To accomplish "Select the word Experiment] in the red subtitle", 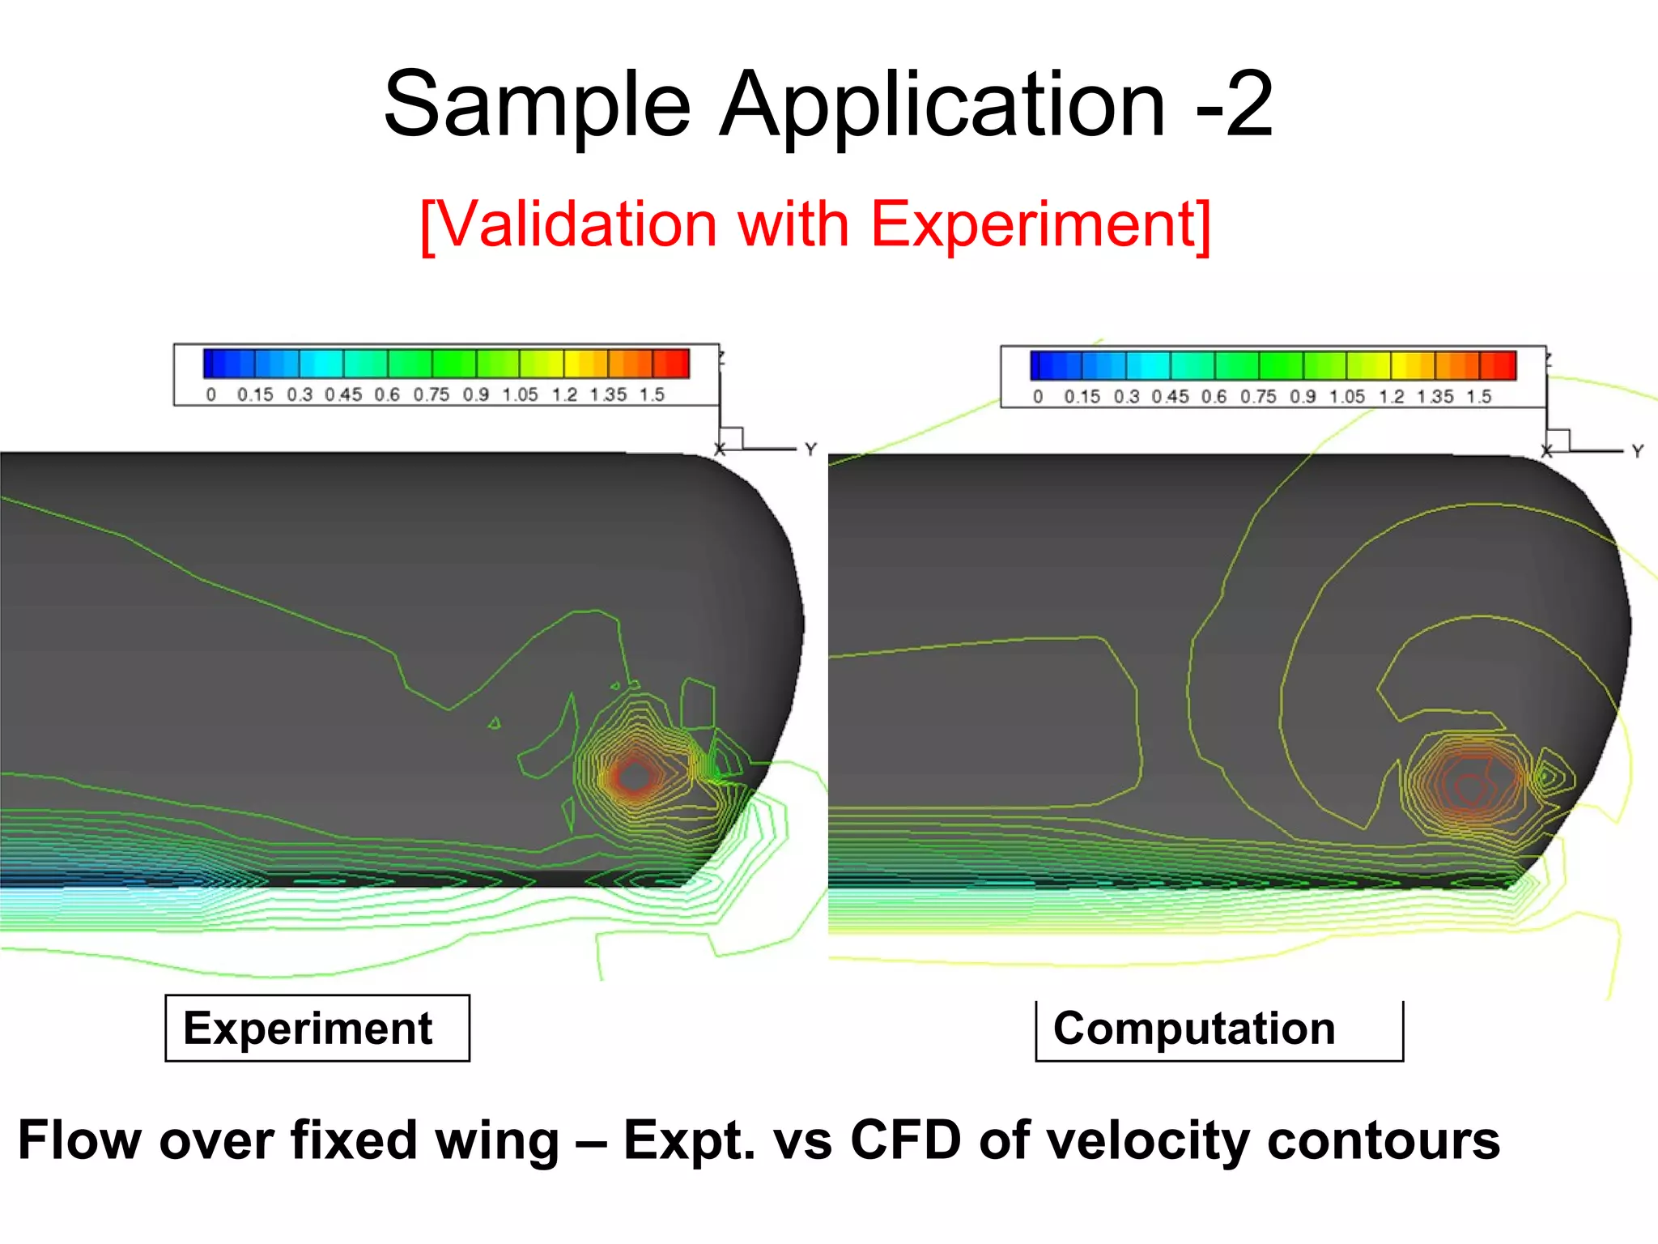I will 1040,225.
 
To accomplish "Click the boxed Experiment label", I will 308,1029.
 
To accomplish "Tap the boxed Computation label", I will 1194,1029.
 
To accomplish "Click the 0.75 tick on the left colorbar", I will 431,395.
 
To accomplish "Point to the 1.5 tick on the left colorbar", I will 652,395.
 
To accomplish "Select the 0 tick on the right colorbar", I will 1038,397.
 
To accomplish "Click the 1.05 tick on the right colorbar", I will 1346,397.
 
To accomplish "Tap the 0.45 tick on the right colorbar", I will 1170,397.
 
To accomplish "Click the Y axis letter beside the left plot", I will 810,449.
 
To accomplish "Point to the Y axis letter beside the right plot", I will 1638,451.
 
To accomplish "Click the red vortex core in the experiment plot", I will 634,776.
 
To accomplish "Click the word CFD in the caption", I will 906,1140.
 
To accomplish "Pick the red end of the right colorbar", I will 1507,365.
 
